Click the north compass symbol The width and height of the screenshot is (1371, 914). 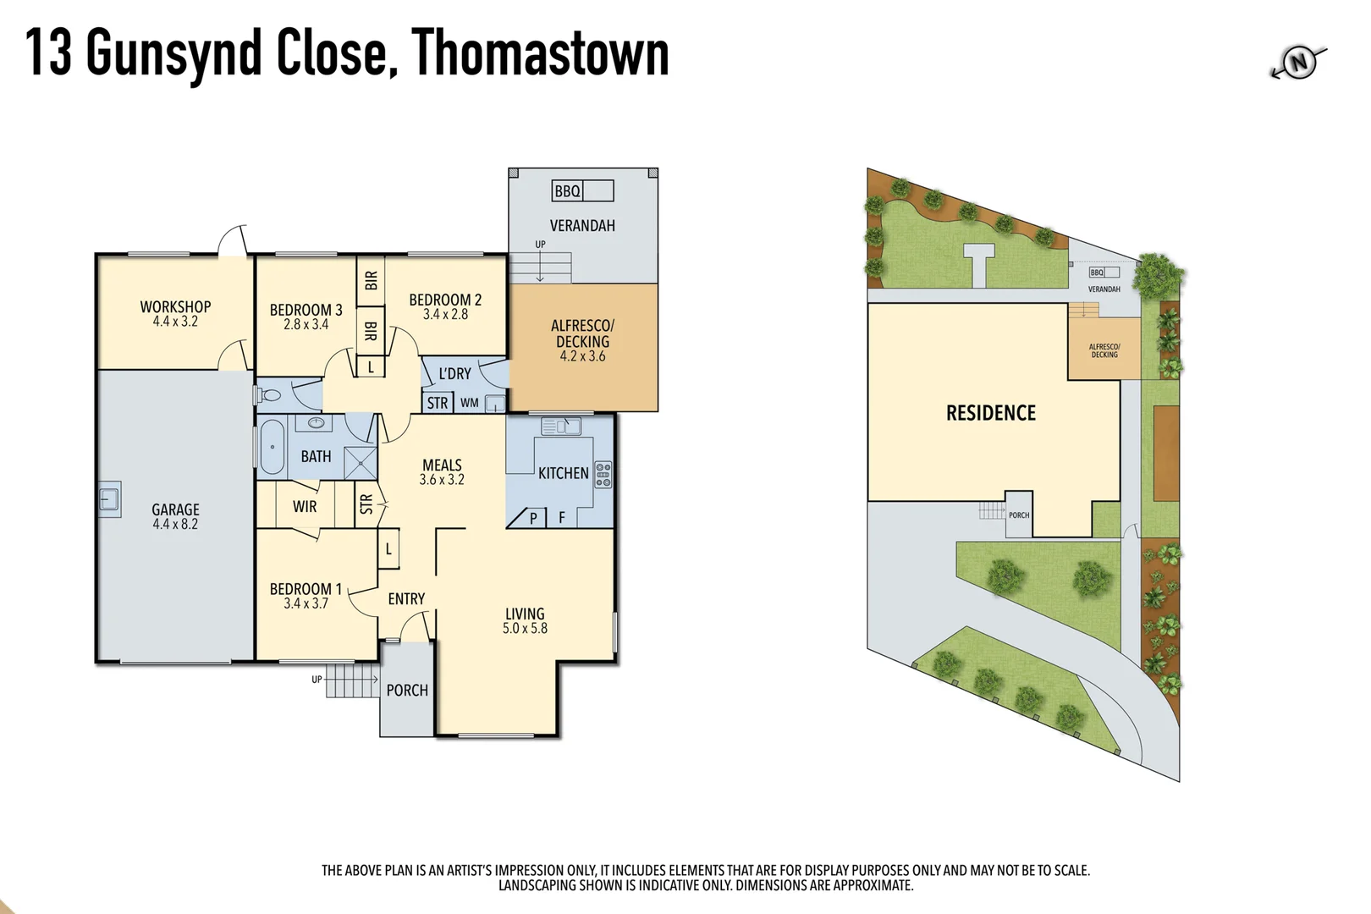point(1298,63)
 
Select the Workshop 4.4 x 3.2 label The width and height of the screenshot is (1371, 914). point(175,314)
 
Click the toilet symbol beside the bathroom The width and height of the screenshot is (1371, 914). point(271,395)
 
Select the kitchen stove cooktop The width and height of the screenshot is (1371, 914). point(603,474)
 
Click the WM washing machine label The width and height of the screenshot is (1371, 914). point(470,403)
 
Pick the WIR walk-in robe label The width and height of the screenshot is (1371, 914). point(305,507)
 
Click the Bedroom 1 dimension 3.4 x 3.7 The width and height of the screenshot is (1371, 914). point(306,603)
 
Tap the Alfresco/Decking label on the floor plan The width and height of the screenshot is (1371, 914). point(582,340)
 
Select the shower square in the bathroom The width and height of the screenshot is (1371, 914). point(361,464)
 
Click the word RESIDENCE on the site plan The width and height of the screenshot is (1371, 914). point(990,413)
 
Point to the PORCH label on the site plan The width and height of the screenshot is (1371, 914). point(1019,515)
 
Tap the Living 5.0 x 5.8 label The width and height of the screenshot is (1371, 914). point(525,620)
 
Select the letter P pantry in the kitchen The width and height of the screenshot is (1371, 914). point(533,518)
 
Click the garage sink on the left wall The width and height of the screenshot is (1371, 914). point(109,498)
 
